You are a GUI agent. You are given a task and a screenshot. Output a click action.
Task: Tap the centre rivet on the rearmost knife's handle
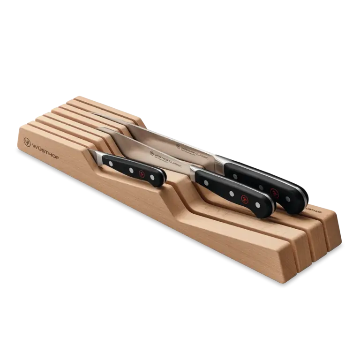pos(261,187)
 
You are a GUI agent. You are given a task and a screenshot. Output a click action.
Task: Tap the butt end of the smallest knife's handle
pos(162,179)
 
